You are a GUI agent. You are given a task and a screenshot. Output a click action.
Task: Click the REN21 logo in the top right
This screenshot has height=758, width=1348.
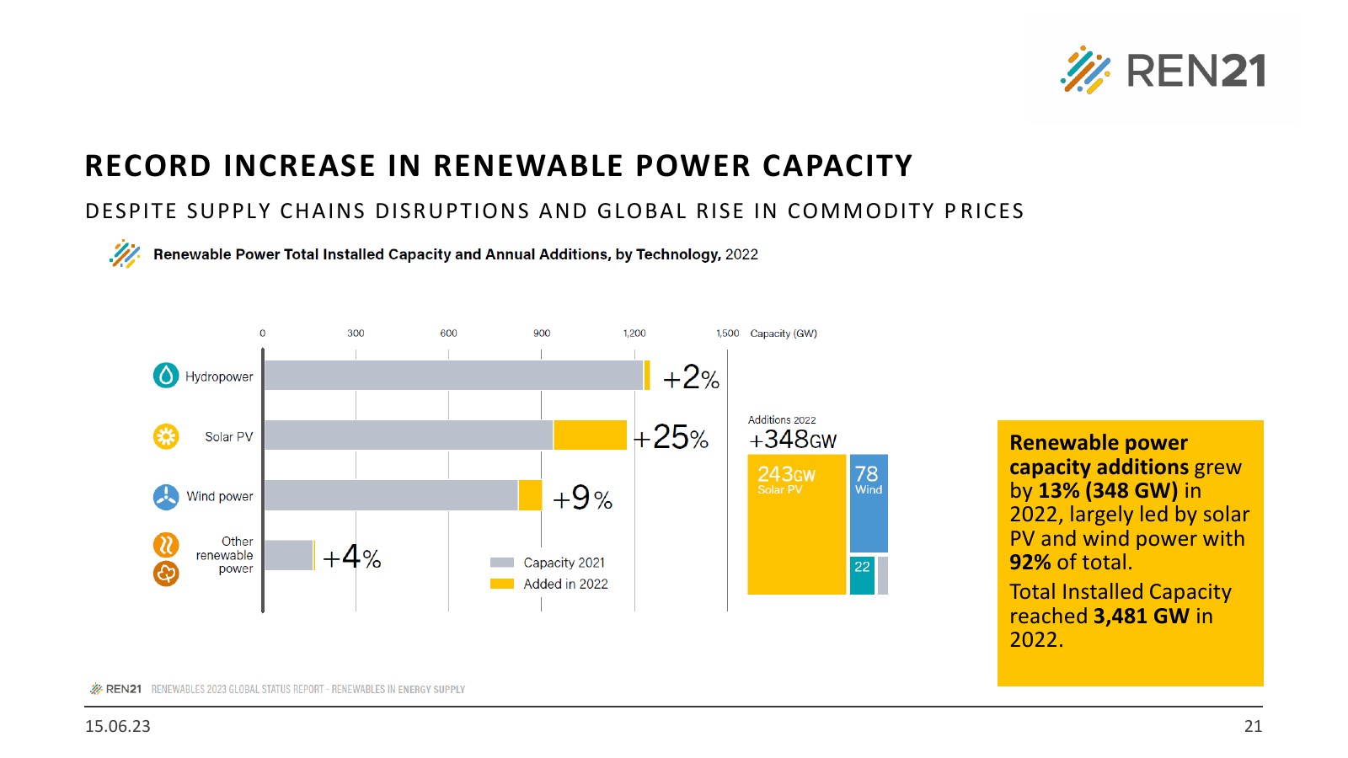(1163, 70)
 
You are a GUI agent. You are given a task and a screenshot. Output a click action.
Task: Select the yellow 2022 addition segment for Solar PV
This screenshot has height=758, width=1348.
(590, 435)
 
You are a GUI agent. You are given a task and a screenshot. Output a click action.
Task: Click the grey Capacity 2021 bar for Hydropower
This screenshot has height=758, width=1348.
(453, 376)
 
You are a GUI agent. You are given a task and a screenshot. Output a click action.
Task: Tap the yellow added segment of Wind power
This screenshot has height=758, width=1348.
(530, 495)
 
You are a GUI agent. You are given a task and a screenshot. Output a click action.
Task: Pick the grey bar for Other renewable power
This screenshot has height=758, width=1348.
(288, 555)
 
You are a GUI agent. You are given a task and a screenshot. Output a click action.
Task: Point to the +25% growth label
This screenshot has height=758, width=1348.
(671, 437)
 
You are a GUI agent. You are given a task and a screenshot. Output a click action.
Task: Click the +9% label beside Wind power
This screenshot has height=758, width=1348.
(582, 499)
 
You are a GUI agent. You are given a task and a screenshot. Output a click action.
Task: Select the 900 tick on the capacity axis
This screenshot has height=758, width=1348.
(542, 334)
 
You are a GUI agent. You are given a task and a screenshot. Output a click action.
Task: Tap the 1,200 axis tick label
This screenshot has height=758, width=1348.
(634, 334)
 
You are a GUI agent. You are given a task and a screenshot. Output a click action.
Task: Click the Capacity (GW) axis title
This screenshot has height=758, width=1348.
(784, 334)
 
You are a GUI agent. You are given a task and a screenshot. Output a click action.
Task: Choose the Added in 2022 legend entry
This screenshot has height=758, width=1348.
(565, 584)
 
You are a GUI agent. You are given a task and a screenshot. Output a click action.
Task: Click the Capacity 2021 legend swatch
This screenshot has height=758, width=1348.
(502, 563)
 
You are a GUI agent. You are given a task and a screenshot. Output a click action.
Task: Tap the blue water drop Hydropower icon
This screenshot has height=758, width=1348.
(166, 376)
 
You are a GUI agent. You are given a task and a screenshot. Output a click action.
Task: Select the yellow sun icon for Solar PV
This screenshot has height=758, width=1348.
(166, 436)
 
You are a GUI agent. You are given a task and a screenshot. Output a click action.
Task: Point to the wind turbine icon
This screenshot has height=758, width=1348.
(166, 497)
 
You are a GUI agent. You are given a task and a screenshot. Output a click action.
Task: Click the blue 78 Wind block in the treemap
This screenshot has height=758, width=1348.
(869, 504)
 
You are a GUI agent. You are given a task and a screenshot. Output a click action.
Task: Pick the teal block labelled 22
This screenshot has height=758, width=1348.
(862, 575)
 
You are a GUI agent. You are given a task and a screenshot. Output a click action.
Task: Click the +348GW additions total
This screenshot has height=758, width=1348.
(793, 440)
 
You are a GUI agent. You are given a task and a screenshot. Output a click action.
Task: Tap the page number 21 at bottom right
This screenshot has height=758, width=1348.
(1253, 726)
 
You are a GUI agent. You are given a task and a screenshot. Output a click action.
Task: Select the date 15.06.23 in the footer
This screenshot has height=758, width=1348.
(118, 726)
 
